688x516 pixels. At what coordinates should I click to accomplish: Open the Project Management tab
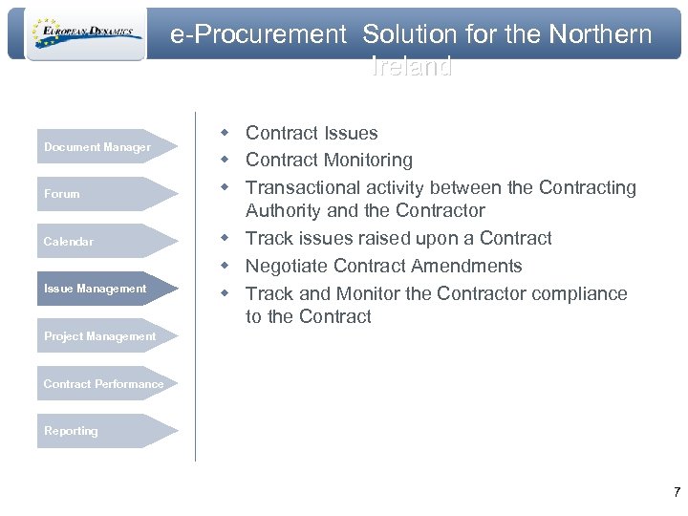tap(100, 336)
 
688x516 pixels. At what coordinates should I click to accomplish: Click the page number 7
tap(677, 493)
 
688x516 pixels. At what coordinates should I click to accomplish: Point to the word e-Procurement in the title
tap(258, 35)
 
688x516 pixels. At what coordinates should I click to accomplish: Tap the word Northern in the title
tap(600, 35)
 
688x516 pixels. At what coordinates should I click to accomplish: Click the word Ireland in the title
tap(411, 68)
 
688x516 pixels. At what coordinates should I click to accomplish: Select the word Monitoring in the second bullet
tap(368, 160)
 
